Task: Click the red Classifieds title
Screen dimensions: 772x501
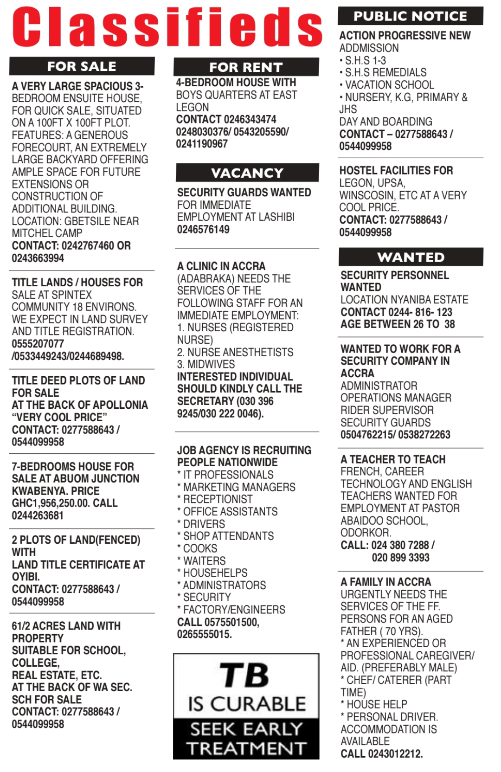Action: click(x=167, y=26)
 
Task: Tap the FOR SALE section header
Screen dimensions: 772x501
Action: click(x=82, y=66)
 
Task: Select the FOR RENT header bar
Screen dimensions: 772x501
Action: click(x=246, y=67)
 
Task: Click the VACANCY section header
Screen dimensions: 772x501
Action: click(x=247, y=173)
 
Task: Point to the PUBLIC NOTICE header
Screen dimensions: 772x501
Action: click(x=410, y=16)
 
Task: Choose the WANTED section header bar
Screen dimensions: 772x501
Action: click(x=411, y=257)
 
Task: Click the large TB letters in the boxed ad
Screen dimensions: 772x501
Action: click(x=244, y=675)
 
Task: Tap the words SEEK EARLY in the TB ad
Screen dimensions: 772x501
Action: click(x=246, y=729)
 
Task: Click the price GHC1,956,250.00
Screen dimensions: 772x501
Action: click(x=51, y=503)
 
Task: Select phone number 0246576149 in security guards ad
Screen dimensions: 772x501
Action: click(x=203, y=229)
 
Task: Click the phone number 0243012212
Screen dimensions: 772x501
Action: click(x=395, y=753)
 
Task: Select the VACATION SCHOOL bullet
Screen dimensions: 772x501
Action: click(x=389, y=85)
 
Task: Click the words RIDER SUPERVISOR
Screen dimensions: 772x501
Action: click(x=387, y=410)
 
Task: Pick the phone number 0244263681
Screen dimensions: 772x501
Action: click(x=38, y=515)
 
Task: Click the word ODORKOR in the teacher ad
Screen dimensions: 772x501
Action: click(x=366, y=533)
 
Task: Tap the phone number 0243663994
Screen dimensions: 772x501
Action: click(x=38, y=258)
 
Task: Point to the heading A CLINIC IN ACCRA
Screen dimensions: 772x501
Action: click(x=221, y=266)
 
